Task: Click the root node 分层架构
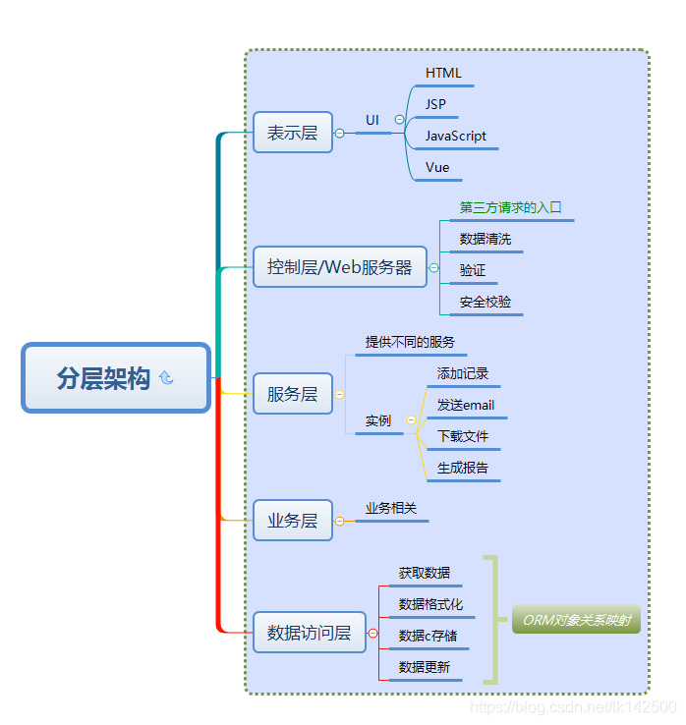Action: tap(116, 377)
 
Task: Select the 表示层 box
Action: tap(293, 133)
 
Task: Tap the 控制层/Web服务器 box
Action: tap(340, 267)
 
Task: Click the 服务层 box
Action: tap(293, 394)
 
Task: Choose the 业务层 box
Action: tap(293, 521)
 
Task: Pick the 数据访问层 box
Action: tap(309, 633)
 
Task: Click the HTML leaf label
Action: tap(443, 74)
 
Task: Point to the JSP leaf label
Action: tap(435, 104)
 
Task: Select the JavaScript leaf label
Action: tap(456, 137)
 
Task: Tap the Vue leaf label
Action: tap(437, 168)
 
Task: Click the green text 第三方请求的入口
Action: tap(510, 208)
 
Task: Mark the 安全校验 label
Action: tap(486, 303)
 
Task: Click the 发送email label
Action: tap(466, 406)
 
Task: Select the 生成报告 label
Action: tap(463, 469)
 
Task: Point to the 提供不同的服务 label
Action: tap(410, 342)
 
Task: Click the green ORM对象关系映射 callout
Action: tap(576, 620)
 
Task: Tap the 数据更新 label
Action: tap(425, 668)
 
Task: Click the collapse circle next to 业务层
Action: tap(340, 522)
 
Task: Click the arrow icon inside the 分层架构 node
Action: tap(166, 377)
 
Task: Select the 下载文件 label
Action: tap(463, 437)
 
